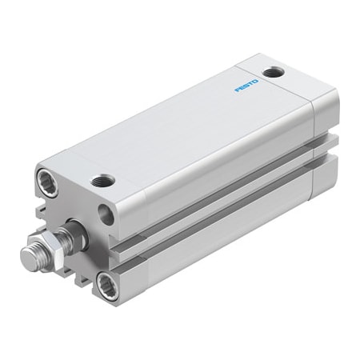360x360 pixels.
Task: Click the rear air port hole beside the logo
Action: coord(275,73)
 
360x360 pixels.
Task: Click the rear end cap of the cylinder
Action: coord(323,144)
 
